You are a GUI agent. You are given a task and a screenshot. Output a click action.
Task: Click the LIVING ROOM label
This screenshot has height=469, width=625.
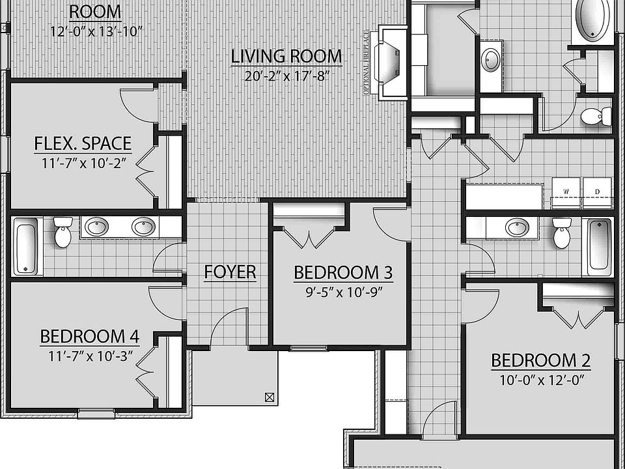coord(286,56)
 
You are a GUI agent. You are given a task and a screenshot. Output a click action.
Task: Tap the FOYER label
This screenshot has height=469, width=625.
coord(230,272)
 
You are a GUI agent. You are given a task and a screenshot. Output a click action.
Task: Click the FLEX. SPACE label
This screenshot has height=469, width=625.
coord(83,143)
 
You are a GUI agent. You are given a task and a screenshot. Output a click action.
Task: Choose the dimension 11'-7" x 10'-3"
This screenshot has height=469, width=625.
coord(90,356)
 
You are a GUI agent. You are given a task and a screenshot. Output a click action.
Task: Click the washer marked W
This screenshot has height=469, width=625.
coord(566,193)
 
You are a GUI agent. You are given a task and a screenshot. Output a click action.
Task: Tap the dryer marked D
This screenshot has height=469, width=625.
coord(597,193)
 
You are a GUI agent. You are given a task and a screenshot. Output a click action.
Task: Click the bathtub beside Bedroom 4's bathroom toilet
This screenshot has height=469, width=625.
coord(25,246)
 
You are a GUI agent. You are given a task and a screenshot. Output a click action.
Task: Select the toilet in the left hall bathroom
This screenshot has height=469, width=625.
coord(62,233)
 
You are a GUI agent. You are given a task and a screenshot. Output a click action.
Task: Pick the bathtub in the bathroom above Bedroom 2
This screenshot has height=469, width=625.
coord(600,246)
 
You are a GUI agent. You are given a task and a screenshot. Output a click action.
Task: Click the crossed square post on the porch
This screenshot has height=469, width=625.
coord(270,397)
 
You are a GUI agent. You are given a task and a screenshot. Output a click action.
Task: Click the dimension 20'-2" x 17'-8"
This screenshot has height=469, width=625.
coord(286,75)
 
